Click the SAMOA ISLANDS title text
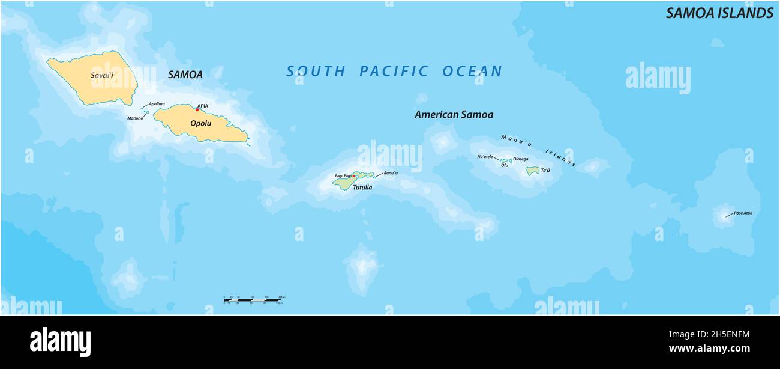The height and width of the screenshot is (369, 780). [719, 13]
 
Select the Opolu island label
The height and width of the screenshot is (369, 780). [200, 123]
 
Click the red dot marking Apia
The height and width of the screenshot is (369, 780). [197, 109]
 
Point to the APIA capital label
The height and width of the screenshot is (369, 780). [203, 106]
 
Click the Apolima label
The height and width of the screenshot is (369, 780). [157, 104]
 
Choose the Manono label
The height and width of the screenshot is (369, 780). [135, 118]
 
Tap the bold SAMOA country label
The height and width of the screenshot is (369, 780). [185, 75]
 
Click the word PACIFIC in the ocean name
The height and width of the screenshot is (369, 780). [394, 72]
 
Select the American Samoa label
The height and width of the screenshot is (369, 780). [454, 114]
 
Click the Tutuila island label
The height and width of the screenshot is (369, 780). [362, 188]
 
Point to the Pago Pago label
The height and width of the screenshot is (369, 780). [343, 175]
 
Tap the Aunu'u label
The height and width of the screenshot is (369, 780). [391, 173]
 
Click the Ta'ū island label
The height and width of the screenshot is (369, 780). [545, 171]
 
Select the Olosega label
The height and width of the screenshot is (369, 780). [520, 159]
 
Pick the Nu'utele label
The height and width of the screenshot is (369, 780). [485, 157]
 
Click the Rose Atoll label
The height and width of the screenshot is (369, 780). [743, 213]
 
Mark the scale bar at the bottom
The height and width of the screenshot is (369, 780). [252, 299]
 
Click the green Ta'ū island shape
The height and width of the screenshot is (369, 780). [532, 171]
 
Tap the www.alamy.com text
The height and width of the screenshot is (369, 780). [709, 349]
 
